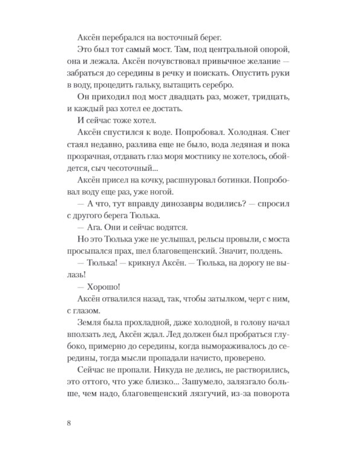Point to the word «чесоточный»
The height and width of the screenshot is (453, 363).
pyautogui.click(x=132, y=188)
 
